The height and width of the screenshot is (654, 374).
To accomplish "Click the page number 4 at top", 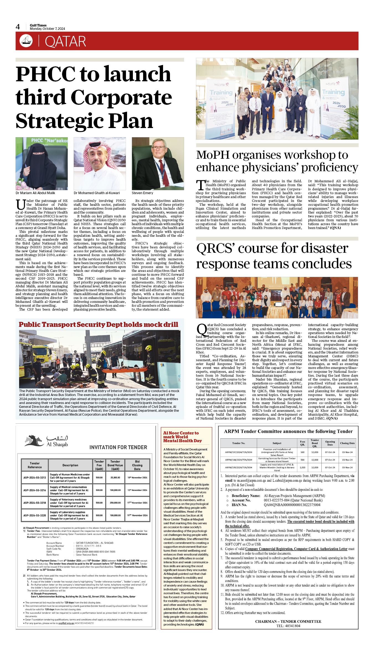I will click(x=18, y=27).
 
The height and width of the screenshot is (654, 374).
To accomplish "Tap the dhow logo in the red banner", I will click(x=26, y=41).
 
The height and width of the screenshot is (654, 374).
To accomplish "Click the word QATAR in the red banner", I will click(x=65, y=42).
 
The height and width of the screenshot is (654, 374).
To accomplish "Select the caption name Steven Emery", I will click(x=142, y=193).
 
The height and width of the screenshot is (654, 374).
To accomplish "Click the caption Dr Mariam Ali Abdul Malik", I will click(x=35, y=193).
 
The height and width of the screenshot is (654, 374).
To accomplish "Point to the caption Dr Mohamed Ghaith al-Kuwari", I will click(x=97, y=193).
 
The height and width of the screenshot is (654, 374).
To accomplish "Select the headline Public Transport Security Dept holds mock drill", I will click(x=98, y=325).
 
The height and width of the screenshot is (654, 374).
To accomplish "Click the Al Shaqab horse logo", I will click(x=34, y=440).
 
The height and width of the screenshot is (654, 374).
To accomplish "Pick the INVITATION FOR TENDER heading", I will click(x=118, y=447).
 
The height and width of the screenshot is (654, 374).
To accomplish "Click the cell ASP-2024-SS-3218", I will click(x=35, y=503).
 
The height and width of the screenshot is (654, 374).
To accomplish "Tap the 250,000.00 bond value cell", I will click(x=115, y=503).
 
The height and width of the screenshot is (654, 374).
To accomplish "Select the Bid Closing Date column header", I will click(x=137, y=465).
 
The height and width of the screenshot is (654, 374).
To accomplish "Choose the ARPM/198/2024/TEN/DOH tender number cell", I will click(x=238, y=460).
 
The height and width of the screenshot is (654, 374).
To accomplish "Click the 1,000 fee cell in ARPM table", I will click(x=303, y=467).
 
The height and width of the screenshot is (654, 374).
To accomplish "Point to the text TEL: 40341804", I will click(x=288, y=626).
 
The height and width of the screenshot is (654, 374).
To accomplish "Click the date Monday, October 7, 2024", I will click(x=47, y=29).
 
